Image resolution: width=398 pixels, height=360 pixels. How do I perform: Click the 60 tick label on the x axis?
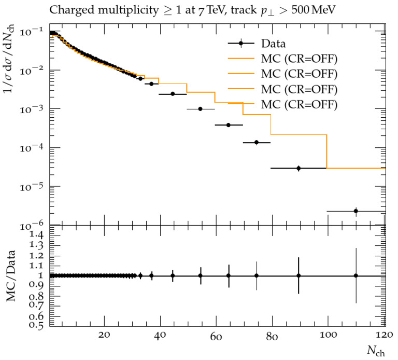(216, 335)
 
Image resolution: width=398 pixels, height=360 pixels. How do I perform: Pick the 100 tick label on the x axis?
(328, 335)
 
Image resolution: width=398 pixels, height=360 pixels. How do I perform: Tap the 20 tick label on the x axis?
(104, 335)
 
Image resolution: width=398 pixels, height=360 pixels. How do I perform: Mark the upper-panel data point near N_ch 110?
(356, 211)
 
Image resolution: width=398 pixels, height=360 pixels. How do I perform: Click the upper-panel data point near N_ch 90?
(298, 168)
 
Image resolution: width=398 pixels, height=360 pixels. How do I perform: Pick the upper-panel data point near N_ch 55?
(200, 109)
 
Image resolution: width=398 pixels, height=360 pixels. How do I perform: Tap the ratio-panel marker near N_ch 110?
(356, 275)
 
